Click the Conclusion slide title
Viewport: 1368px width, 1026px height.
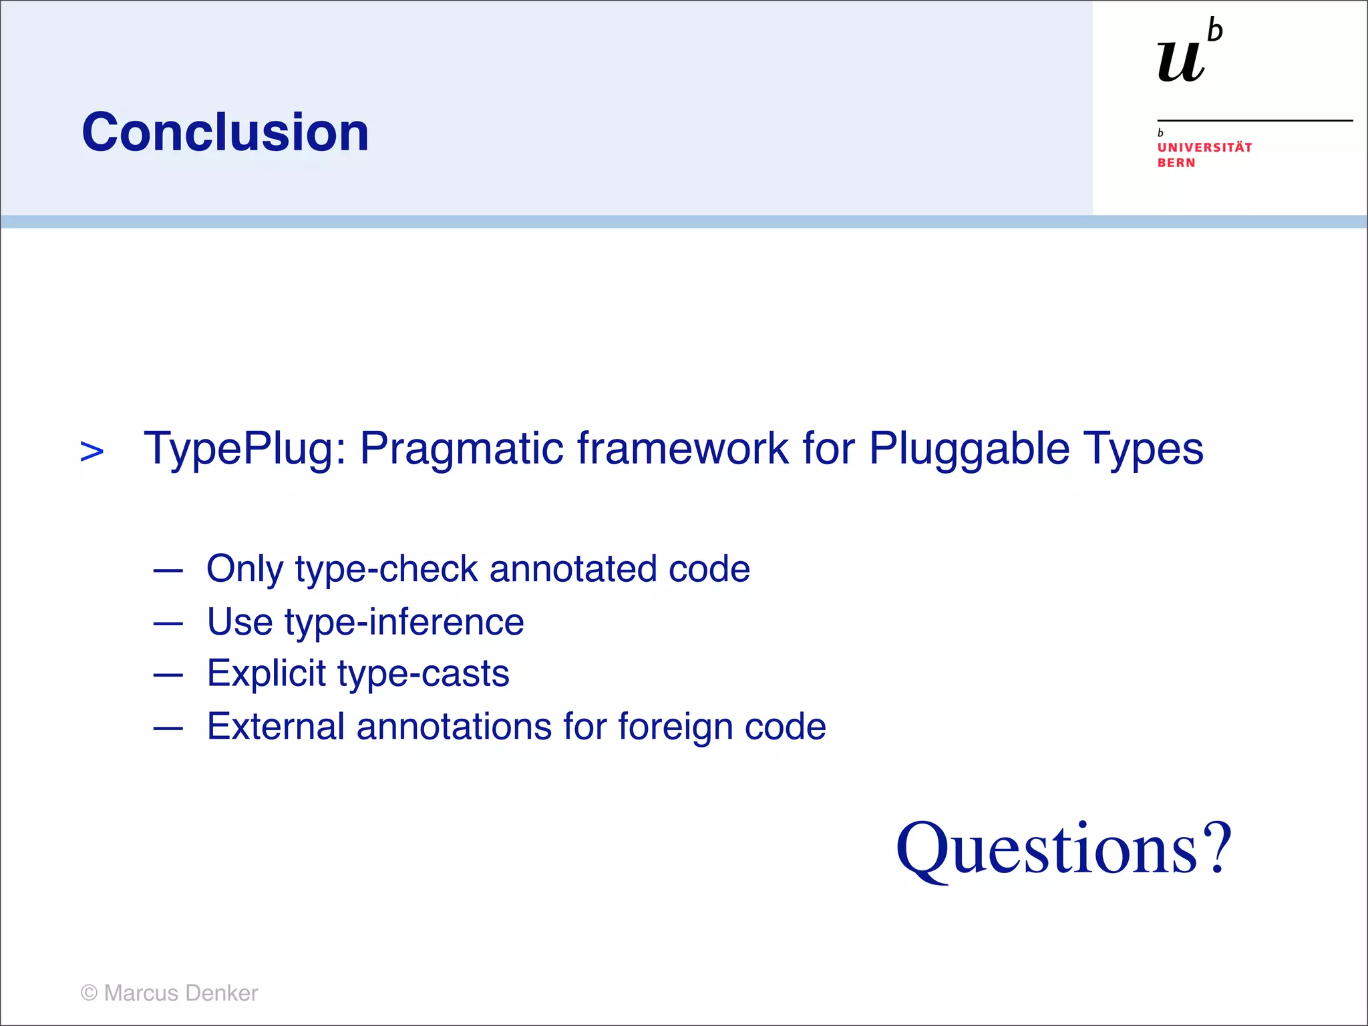225,132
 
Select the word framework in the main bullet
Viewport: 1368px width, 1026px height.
682,448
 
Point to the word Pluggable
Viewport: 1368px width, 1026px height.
969,448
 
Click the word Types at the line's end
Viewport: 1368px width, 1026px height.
1143,448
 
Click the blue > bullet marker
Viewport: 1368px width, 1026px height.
92,452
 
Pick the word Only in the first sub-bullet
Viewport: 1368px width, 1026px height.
244,569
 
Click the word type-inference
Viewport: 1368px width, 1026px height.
404,623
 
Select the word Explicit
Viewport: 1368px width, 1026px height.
266,673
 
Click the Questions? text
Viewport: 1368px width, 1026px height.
1063,850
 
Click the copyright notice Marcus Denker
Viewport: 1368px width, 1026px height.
170,993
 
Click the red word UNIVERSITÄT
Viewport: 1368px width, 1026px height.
1204,148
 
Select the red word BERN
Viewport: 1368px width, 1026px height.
1176,163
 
